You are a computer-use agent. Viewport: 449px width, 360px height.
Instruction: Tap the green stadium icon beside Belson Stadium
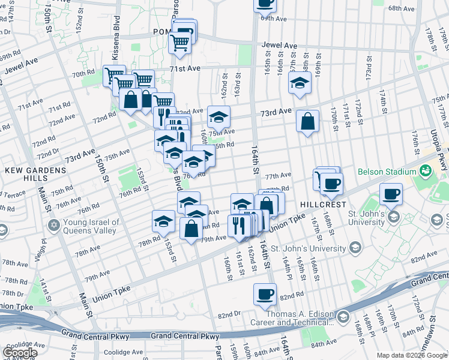click(x=426, y=171)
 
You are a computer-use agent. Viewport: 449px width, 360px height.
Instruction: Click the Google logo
click(x=20, y=352)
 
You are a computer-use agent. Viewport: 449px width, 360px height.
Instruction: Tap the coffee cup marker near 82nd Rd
click(x=265, y=294)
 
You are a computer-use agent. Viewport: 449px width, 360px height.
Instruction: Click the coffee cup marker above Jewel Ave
click(x=265, y=3)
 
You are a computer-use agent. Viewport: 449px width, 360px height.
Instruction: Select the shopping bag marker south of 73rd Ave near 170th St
click(x=307, y=122)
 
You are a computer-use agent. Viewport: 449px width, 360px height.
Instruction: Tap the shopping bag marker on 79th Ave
click(x=191, y=229)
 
